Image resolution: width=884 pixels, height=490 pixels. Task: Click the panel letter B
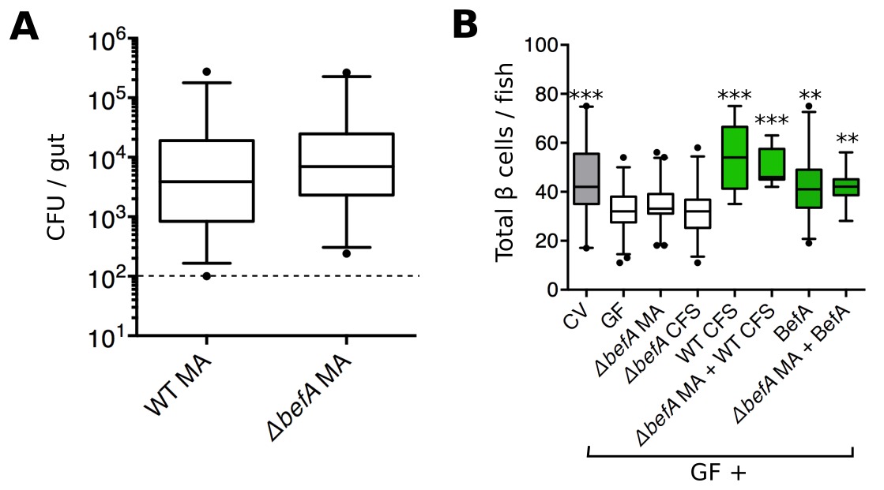tap(465, 27)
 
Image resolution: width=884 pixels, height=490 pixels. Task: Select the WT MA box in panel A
tap(207, 181)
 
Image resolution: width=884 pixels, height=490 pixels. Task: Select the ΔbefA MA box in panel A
tap(347, 164)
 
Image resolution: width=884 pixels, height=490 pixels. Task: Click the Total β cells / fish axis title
tap(506, 169)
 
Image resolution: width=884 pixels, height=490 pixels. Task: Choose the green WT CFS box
tap(735, 158)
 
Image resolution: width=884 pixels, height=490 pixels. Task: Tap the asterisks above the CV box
tap(585, 95)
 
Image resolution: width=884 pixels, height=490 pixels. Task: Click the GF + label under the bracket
tap(720, 473)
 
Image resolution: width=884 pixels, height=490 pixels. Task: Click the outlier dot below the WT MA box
tap(207, 276)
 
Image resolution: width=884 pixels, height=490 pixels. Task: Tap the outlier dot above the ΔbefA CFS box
tap(698, 148)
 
